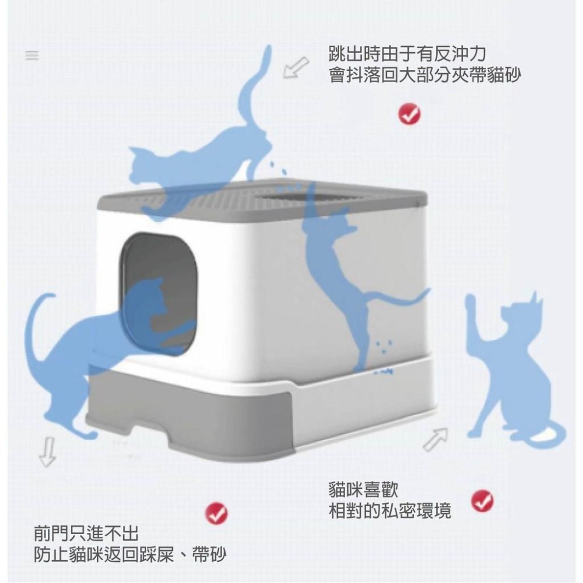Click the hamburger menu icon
pos(31,56)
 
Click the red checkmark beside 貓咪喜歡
pos(482,500)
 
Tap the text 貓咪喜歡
pos(364,490)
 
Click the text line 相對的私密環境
pos(390,511)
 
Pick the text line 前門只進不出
pos(86,533)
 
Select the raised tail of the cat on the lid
pos(252,87)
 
